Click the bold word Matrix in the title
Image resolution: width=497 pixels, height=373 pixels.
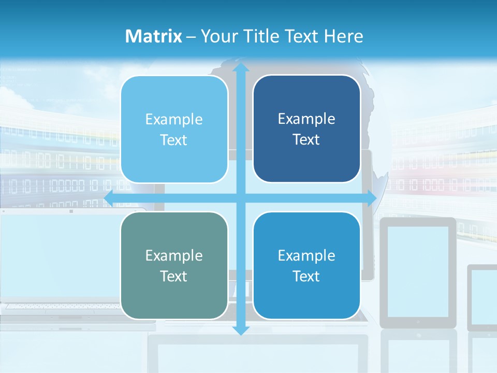coord(154,36)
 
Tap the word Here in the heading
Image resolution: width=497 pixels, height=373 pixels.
coord(344,36)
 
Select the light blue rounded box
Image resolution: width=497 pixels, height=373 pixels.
coord(174,130)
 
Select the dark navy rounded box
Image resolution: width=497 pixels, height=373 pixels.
coord(306,129)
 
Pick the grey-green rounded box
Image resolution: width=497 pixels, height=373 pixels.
coord(174,265)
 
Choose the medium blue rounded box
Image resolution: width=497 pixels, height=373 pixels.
coord(306,265)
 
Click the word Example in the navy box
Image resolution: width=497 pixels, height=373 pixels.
coord(306,119)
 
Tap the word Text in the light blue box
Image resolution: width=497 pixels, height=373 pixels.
coord(174,140)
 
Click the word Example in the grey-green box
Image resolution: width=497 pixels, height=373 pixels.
coord(174,255)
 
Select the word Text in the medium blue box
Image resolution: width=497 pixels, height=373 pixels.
coord(306,276)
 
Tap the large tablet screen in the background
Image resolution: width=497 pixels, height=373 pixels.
coord(418,271)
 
